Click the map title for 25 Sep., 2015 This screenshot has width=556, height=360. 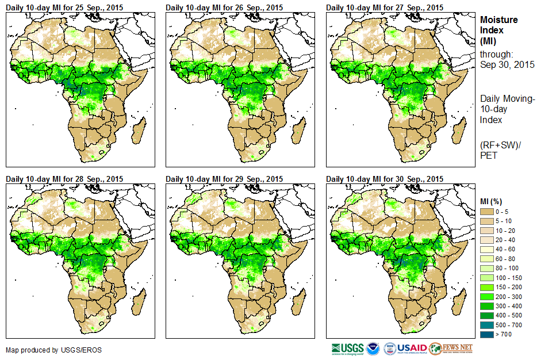click(64, 7)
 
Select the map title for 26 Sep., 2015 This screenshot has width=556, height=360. click(224, 7)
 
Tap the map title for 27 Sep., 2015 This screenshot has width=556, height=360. click(385, 7)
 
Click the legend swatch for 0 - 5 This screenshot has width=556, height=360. click(487, 212)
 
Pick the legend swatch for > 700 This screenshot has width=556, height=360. click(487, 334)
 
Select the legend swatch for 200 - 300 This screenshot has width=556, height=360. click(487, 297)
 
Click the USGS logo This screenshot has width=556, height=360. click(347, 348)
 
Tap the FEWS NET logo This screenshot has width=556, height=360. click(451, 348)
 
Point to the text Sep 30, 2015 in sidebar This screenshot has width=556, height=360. click(507, 64)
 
